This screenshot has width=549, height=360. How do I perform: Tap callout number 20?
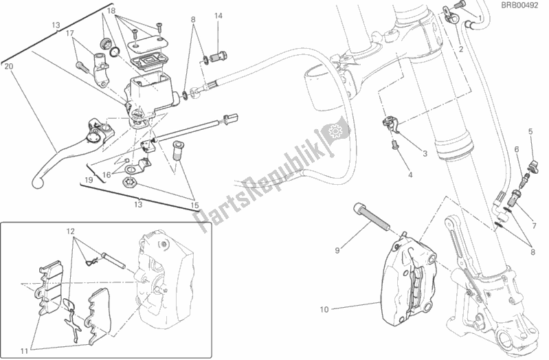(8, 67)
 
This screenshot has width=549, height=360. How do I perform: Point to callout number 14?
(218, 15)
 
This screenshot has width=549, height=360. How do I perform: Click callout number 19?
(89, 179)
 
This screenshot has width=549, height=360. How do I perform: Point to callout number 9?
(337, 251)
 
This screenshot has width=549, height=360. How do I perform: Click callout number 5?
(530, 131)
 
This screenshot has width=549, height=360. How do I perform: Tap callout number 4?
(410, 176)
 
